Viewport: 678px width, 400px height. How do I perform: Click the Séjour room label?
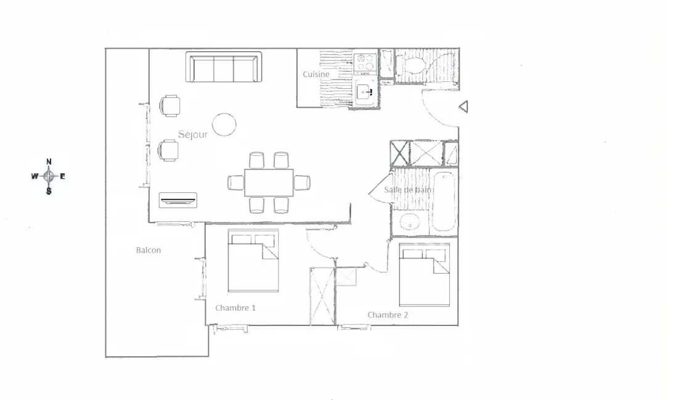point(193,134)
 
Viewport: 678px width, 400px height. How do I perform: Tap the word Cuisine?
point(316,75)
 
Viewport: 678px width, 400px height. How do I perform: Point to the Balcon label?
point(149,250)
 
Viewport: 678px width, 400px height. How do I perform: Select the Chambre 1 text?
point(235,308)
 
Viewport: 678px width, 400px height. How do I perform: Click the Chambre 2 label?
point(388,315)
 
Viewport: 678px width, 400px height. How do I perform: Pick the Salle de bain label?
point(408,190)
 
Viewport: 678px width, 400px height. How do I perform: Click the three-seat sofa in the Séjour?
point(224,67)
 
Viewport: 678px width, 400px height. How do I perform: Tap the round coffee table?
point(224,124)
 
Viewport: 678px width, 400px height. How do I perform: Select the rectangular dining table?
point(269,182)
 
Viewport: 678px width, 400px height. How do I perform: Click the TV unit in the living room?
point(178,200)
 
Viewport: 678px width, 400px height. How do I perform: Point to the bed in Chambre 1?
point(253,261)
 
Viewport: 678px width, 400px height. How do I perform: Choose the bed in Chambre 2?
point(424,275)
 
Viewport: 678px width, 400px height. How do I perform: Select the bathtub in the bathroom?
point(444,202)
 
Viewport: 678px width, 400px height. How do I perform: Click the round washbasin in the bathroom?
point(409,223)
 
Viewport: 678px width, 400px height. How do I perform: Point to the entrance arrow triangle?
point(464,107)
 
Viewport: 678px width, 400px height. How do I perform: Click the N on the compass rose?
point(49,161)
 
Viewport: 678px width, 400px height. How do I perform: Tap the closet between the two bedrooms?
point(322,296)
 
